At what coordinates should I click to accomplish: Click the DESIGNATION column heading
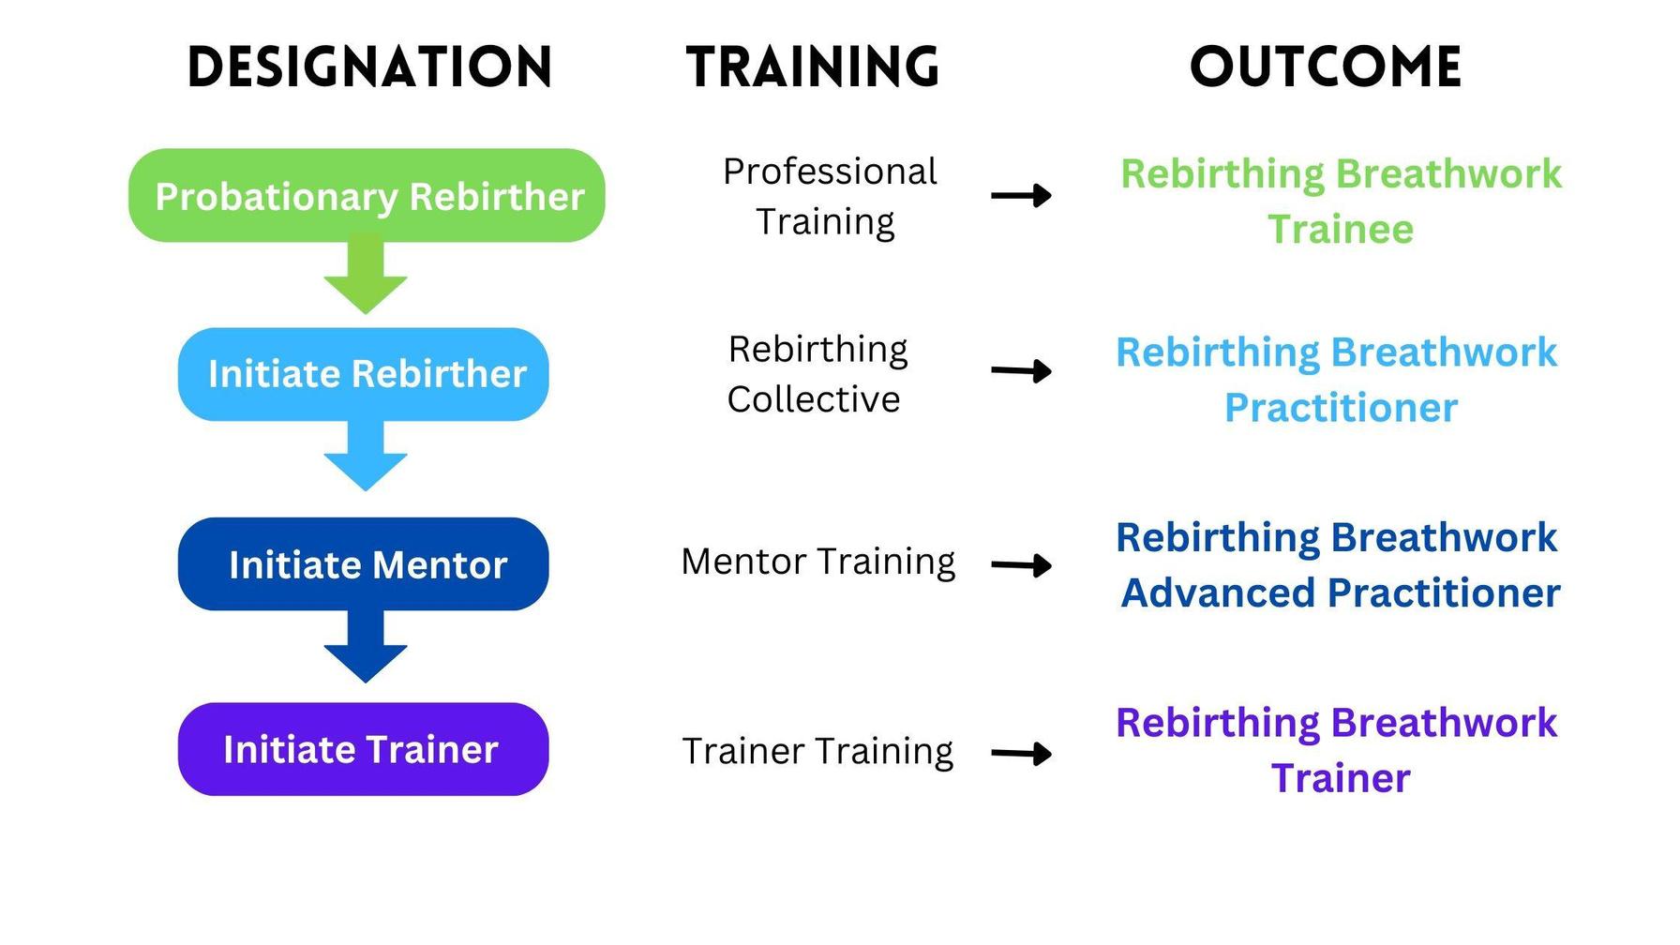369,67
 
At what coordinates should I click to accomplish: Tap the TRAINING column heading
812,67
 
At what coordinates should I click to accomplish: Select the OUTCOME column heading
1326,67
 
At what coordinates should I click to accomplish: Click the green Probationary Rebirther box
367,196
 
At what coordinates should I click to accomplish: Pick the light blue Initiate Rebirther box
364,374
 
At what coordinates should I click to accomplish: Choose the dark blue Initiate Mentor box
364,564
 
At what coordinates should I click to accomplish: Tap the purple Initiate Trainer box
364,749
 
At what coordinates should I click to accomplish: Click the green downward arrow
366,277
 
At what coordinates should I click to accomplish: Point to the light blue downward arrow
366,457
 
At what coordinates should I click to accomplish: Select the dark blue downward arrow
366,648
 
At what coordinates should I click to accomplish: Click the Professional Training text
828,197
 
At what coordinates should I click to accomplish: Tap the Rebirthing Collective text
817,374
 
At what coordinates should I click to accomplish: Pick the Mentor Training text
818,562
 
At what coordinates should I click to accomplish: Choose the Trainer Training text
817,751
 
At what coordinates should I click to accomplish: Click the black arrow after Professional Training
1022,196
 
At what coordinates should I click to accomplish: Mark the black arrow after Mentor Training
1022,565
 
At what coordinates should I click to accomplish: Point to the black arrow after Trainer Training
1022,754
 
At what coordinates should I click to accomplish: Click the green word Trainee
1341,230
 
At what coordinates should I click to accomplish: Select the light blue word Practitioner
1341,408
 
